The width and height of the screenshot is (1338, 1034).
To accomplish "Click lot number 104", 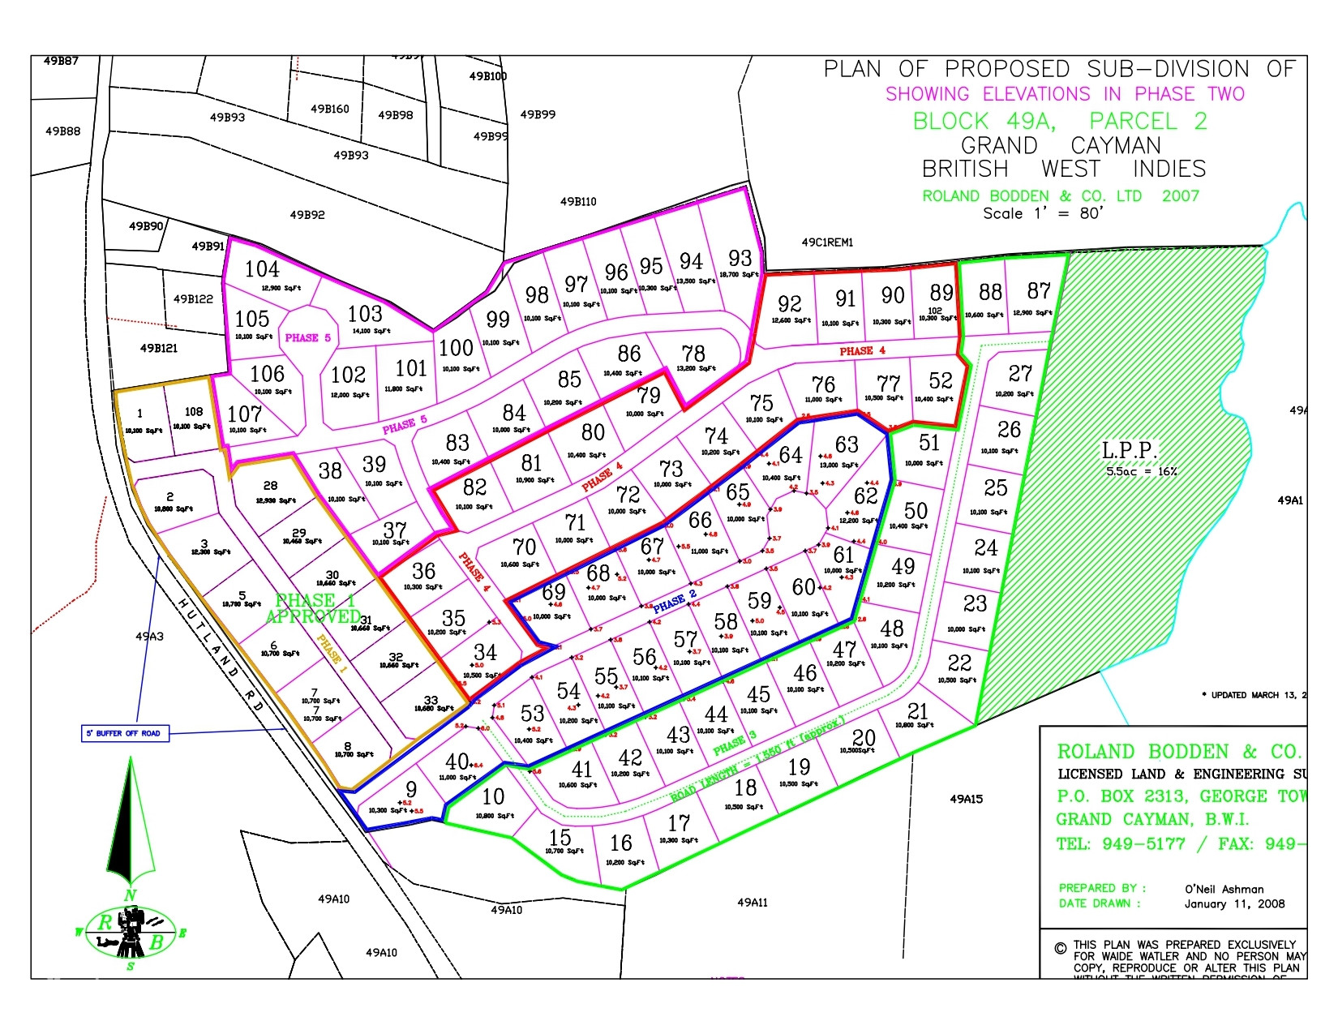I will [262, 269].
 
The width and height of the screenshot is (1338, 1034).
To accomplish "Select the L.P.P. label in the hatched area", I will [1129, 451].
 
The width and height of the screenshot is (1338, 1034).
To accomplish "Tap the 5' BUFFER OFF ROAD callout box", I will [125, 733].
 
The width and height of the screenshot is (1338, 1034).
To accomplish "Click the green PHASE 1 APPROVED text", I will [315, 608].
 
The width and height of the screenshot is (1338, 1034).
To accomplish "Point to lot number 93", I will [740, 258].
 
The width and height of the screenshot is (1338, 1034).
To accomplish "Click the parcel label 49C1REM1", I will [827, 242].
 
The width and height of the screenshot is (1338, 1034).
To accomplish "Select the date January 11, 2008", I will [1234, 903].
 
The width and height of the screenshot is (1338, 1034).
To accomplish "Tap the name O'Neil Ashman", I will [1224, 889].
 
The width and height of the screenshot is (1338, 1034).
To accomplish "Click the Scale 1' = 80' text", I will [1043, 213].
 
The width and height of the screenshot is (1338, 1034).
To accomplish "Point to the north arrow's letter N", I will [130, 895].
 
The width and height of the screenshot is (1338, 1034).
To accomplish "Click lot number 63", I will [847, 444].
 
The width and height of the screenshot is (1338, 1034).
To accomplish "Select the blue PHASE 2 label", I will [675, 602].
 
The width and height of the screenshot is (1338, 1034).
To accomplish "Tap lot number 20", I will [864, 737].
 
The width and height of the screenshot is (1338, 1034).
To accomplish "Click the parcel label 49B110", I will [578, 202].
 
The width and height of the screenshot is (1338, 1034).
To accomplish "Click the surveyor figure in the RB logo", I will [131, 931].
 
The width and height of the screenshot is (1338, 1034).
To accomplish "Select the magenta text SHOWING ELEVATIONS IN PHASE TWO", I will [1065, 94].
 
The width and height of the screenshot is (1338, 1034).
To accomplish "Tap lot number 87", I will [1039, 290].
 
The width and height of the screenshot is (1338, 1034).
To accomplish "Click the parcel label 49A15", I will [966, 799].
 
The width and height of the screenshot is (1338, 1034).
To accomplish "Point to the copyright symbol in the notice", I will [1060, 948].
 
